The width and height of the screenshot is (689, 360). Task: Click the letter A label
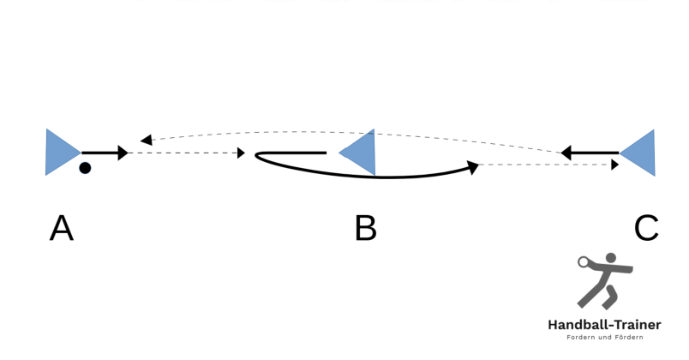point(62,228)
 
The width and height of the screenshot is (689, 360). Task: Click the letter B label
point(366,228)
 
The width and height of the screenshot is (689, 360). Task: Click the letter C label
point(646,228)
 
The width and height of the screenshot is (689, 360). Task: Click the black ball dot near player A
point(85,168)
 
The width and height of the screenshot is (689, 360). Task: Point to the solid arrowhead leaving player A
point(123,153)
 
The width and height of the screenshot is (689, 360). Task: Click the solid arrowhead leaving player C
point(566,153)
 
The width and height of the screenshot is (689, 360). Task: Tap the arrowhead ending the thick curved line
point(473,167)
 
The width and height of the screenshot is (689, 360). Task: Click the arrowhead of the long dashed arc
point(146,140)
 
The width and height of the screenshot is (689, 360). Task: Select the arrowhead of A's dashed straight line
point(242,153)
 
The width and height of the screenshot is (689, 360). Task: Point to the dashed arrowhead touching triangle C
point(614,165)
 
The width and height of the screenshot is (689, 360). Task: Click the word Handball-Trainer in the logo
point(604,325)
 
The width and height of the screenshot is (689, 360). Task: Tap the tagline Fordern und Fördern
point(605,337)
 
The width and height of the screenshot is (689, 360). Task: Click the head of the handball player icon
point(611,259)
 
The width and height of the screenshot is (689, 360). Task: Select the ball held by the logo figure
point(583,262)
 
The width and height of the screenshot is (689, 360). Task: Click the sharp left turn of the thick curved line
point(256,155)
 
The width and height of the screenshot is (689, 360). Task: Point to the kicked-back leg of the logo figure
point(610,297)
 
